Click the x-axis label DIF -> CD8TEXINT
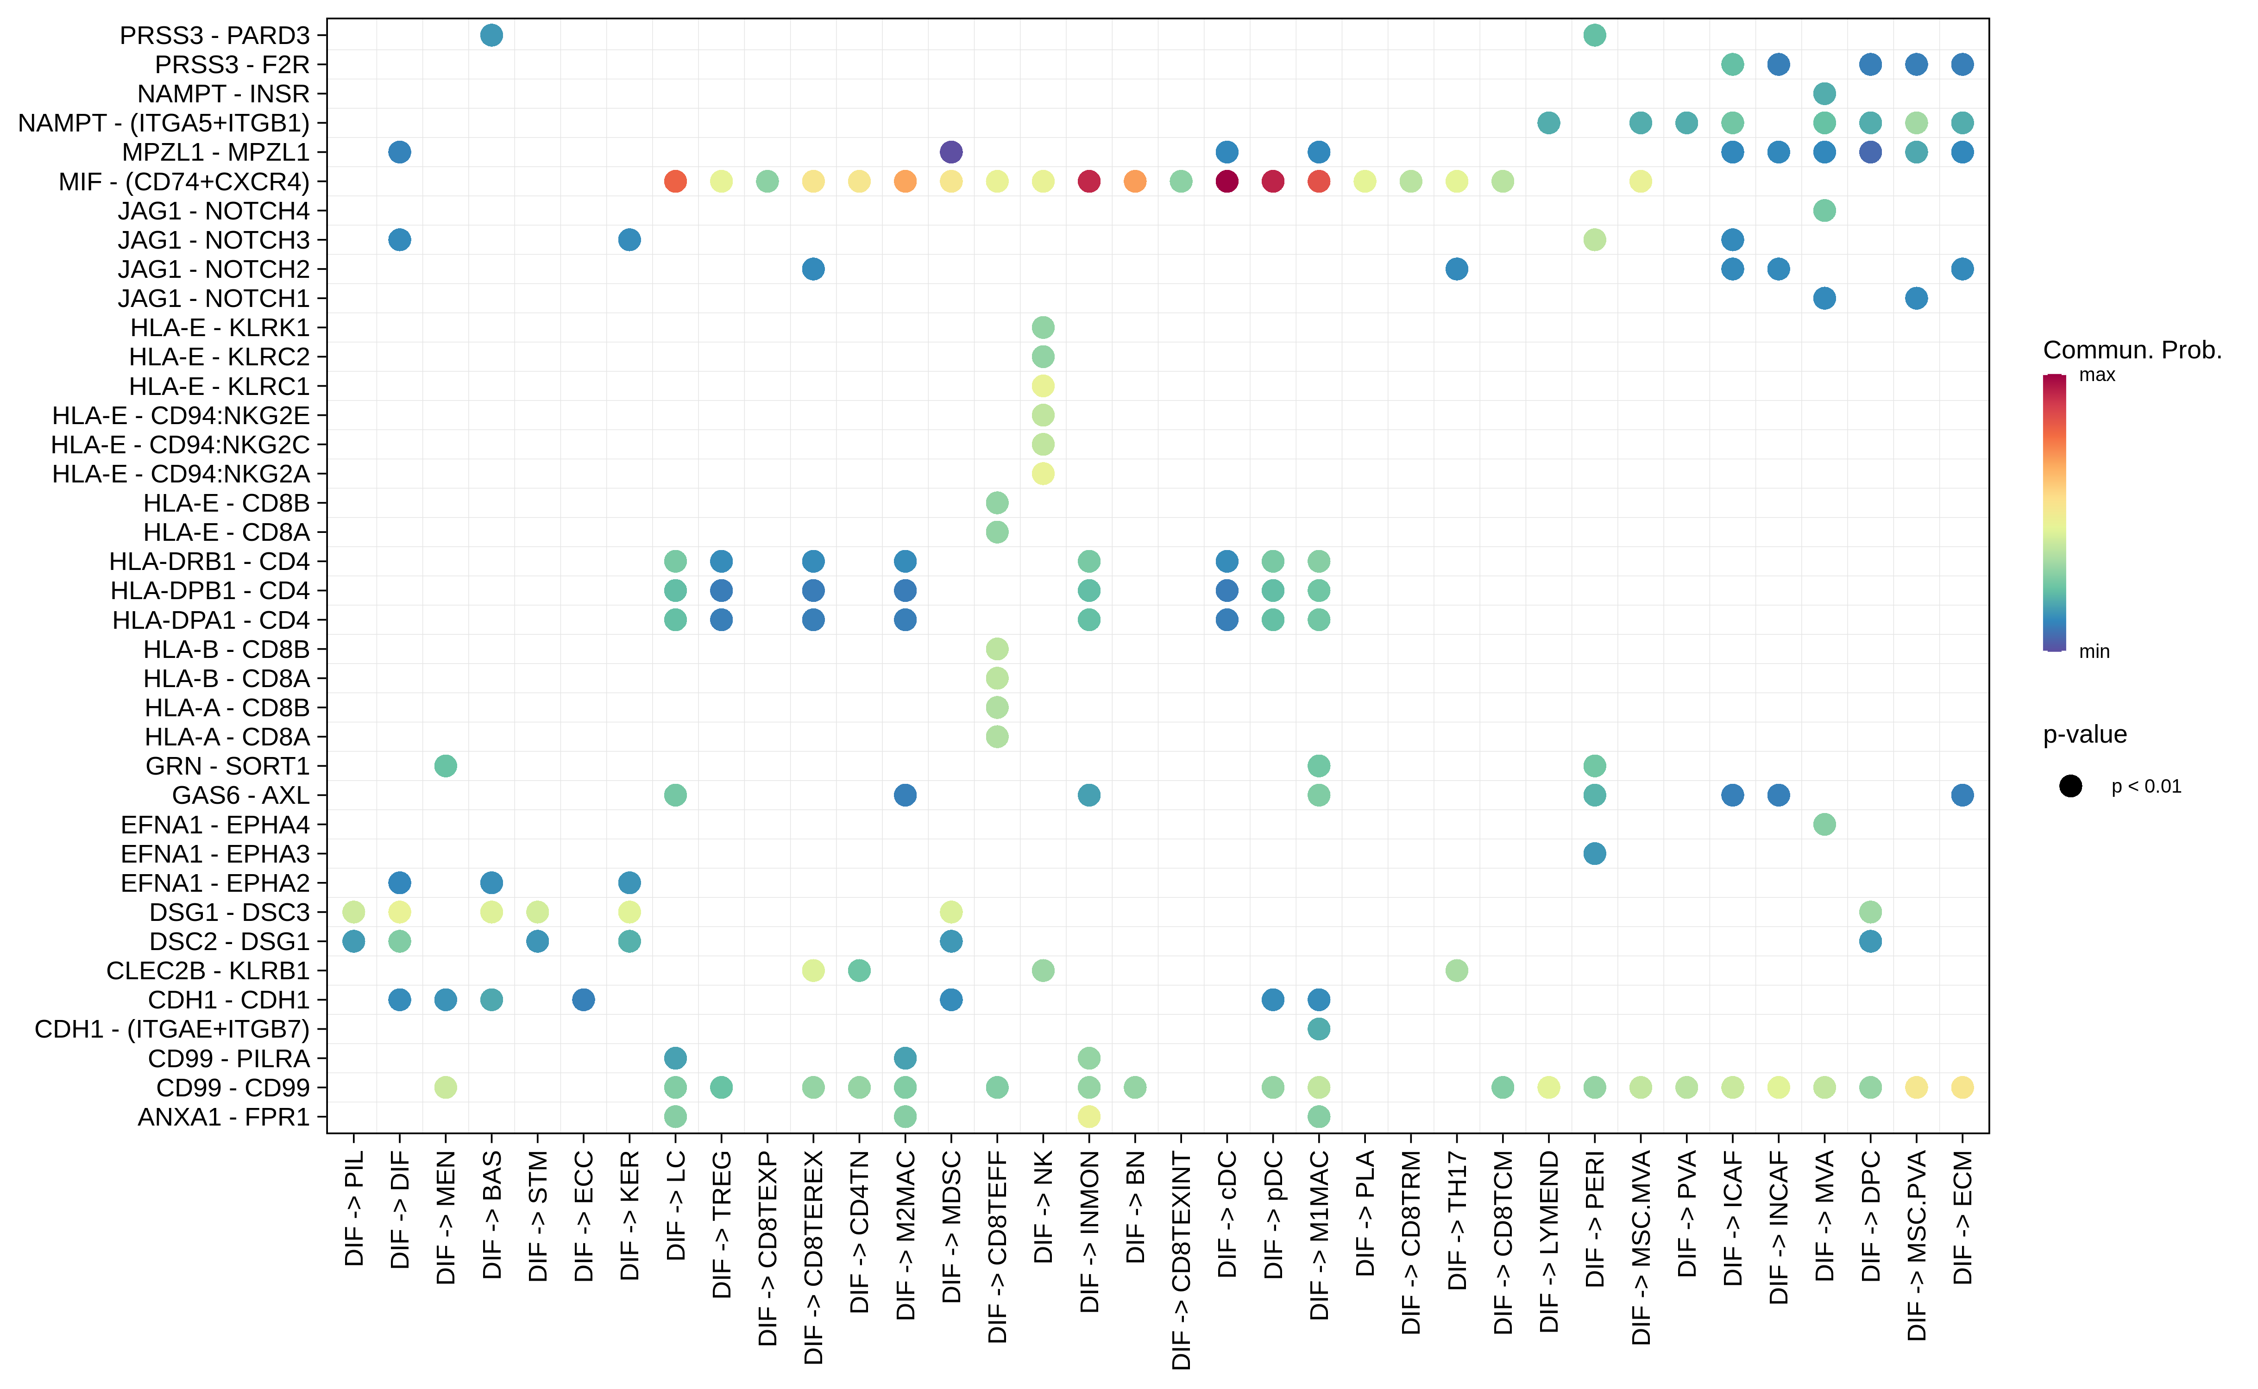pyautogui.click(x=1181, y=1260)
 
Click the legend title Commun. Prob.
pyautogui.click(x=2131, y=350)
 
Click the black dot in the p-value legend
pyautogui.click(x=2069, y=786)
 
